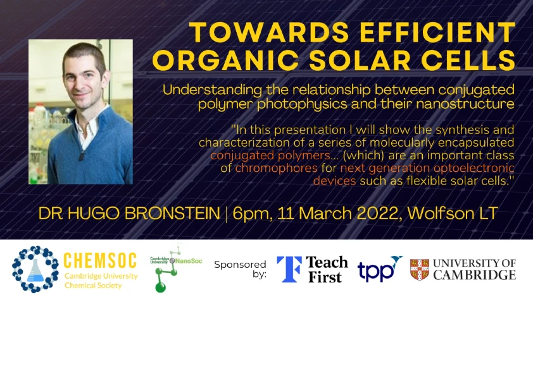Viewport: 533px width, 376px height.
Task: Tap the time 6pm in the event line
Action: point(249,213)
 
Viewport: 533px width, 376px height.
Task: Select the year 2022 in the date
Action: point(367,213)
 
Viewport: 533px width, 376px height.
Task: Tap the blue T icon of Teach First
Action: point(289,269)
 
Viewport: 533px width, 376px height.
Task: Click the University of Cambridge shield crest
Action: point(419,269)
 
